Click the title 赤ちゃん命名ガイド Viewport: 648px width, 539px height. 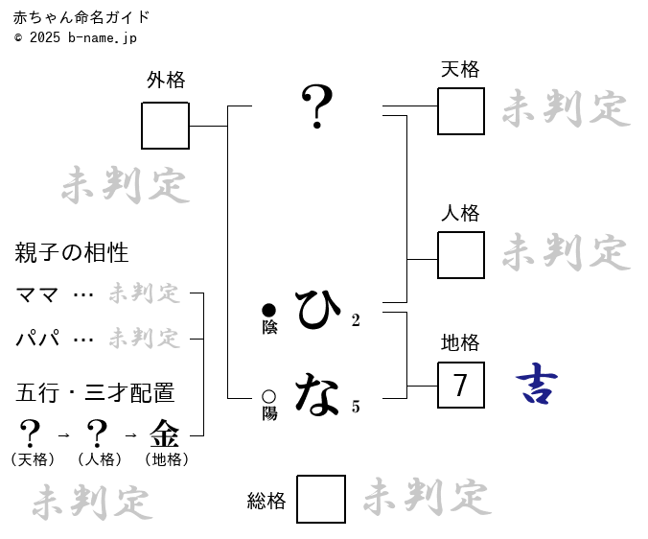coord(81,17)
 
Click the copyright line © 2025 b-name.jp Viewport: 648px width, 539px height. coord(76,37)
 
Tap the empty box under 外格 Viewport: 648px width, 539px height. coord(165,126)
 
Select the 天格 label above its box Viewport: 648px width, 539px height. coord(460,69)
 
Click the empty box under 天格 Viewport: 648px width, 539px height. coord(461,111)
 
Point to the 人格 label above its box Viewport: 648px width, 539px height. coord(460,213)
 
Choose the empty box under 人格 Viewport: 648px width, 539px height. coord(461,255)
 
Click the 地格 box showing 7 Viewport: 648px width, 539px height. coord(461,386)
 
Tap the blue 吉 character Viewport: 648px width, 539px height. coord(537,385)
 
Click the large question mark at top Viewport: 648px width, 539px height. coord(317,106)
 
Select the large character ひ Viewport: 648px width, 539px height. coord(317,309)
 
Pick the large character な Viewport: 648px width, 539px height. coord(317,394)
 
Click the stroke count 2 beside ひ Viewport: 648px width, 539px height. coord(356,321)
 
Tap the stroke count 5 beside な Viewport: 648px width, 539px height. coord(356,408)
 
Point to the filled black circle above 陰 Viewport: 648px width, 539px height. coord(269,310)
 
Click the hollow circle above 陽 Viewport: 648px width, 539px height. coord(269,396)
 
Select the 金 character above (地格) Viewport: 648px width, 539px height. coord(165,434)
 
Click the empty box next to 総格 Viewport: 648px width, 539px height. coord(321,500)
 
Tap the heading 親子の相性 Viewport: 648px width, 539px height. coord(72,253)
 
